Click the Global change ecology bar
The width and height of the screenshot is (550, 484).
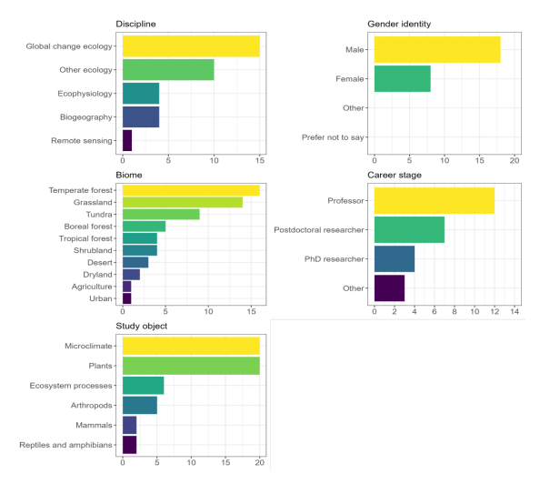(x=191, y=45)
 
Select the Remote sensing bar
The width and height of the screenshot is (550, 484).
(x=127, y=140)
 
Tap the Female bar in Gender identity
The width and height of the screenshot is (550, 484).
(x=402, y=79)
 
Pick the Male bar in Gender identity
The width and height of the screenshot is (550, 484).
(x=436, y=49)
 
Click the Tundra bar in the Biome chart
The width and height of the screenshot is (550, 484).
(x=161, y=214)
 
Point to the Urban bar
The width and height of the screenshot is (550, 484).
(x=126, y=298)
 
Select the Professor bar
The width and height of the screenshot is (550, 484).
(x=434, y=200)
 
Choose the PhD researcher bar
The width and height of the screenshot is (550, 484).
(x=394, y=258)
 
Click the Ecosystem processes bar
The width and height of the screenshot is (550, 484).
(x=143, y=386)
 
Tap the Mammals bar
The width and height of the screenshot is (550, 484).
(x=129, y=425)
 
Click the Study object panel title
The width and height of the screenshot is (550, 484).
(x=141, y=326)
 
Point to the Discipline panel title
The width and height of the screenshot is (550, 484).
(x=135, y=23)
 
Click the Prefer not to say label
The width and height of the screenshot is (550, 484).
(x=333, y=138)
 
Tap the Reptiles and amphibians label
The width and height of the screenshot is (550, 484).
(x=67, y=445)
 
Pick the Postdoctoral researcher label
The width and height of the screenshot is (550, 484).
(x=320, y=229)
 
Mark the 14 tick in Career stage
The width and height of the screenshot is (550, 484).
(x=515, y=313)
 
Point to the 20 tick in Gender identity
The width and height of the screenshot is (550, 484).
(x=515, y=161)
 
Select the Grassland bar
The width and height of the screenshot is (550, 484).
(x=182, y=202)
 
